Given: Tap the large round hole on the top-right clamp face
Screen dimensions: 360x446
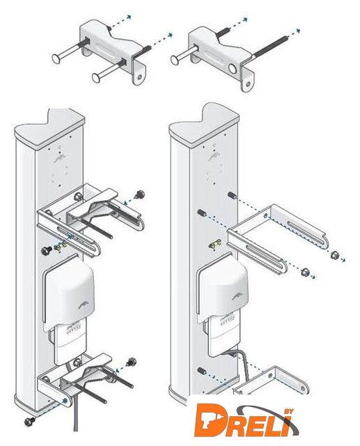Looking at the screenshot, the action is click(233, 69).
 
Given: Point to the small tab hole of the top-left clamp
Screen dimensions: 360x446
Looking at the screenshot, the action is click(139, 77).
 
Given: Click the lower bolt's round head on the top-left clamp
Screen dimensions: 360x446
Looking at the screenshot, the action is click(97, 77).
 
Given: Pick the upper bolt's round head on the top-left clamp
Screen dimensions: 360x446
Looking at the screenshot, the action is click(57, 59).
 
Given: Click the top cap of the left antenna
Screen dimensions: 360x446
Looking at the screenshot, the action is click(49, 128).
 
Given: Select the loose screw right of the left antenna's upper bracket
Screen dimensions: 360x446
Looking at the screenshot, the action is click(140, 195).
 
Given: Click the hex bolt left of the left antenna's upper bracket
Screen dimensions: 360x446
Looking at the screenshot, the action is click(46, 251).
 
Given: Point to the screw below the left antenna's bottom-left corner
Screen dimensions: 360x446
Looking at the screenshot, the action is click(29, 421).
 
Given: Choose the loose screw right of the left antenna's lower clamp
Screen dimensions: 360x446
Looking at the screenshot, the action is click(132, 362).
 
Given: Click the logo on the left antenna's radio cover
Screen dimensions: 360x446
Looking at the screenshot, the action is click(84, 305).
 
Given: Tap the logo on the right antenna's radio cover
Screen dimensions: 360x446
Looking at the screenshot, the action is click(238, 297).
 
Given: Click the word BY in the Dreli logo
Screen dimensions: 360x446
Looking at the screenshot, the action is click(288, 412).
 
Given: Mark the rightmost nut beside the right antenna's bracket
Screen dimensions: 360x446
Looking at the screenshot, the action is click(334, 254).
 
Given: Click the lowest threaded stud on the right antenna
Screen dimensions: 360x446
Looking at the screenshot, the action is click(202, 371).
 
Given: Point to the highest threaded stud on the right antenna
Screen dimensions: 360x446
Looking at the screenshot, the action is click(232, 195).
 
